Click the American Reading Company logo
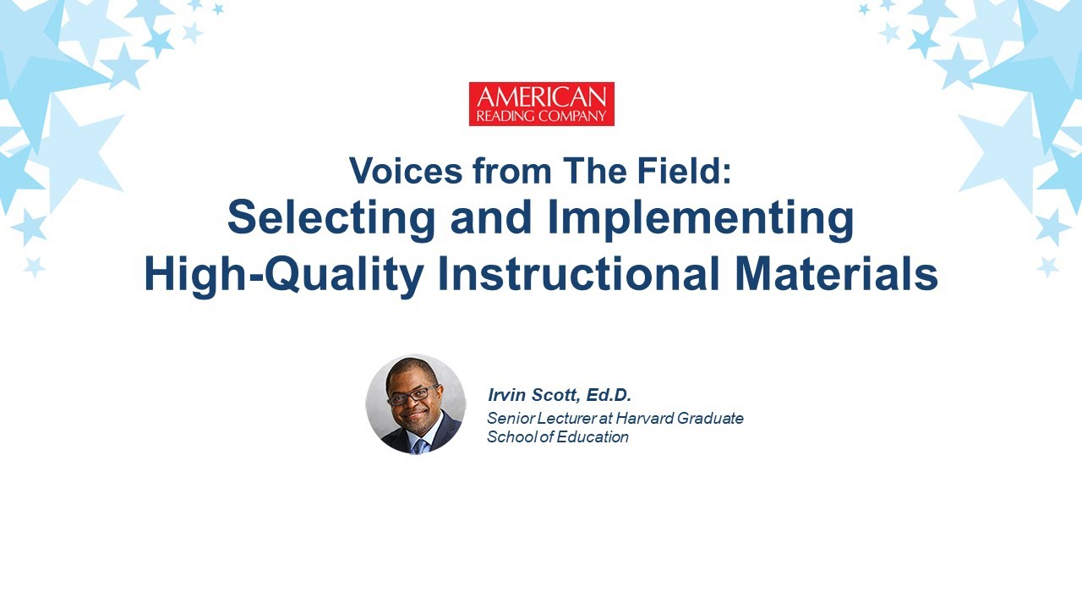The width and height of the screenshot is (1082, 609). click(x=541, y=104)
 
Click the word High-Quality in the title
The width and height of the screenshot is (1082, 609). click(x=283, y=275)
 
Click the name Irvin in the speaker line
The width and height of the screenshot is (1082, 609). click(x=507, y=395)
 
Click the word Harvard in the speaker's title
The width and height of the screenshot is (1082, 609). click(x=647, y=418)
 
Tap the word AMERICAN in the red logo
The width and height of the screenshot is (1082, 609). click(x=541, y=96)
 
